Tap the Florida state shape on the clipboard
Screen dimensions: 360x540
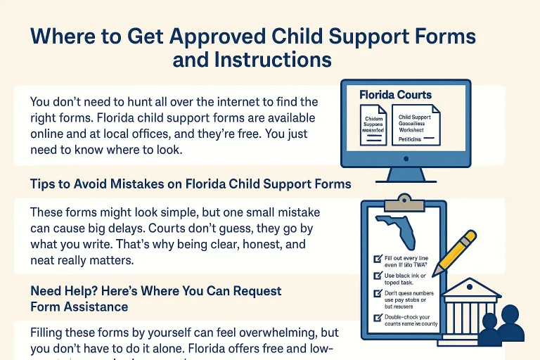pos(398,232)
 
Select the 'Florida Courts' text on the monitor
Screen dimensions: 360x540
pos(395,94)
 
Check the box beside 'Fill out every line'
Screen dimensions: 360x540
pos(378,258)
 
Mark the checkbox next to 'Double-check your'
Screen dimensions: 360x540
pos(378,317)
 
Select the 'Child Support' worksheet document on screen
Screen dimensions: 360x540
pos(415,124)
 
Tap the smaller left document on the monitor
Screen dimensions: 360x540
pos(373,126)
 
